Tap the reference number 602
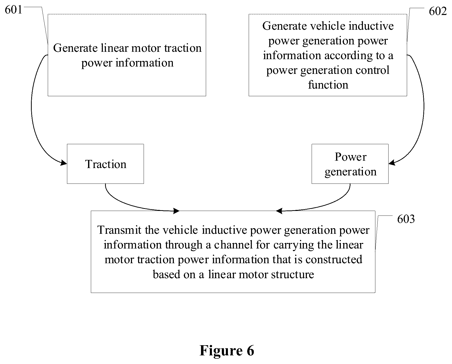pos(438,11)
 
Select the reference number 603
pos(406,219)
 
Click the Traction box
pos(105,164)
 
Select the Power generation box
pos(350,164)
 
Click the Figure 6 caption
pos(227,351)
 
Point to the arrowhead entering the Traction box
pos(63,162)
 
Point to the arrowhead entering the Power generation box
pos(392,162)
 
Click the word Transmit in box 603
pos(119,230)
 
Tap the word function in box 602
pos(328,85)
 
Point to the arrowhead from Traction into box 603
pos(176,210)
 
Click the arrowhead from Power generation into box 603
pos(279,211)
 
